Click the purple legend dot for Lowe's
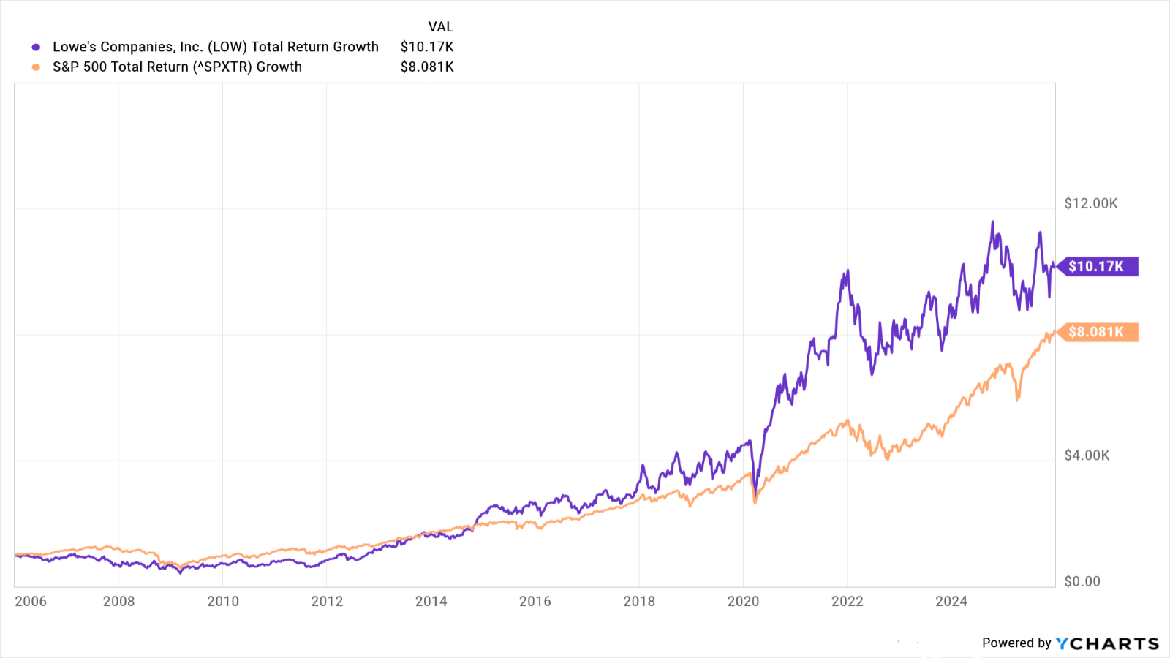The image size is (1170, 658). coord(36,48)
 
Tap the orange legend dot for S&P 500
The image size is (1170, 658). coord(36,67)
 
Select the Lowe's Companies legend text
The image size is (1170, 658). coord(216,47)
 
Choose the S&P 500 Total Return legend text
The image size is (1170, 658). coord(177,67)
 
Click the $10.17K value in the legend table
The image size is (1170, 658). coord(427,47)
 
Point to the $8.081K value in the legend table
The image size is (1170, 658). coord(427,67)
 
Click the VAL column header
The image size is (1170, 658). coord(440,27)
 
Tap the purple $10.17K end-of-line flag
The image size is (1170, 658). coord(1096,266)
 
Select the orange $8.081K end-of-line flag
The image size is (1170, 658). coord(1096,332)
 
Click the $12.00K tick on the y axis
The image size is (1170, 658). coord(1090,203)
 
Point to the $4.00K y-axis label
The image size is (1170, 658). coord(1087,455)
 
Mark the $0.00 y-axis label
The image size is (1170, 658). coord(1082,581)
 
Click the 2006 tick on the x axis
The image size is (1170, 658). coord(31,601)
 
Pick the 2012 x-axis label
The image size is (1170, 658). coord(327,601)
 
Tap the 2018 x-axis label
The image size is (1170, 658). coord(639,601)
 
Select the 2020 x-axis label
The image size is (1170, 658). coord(743,601)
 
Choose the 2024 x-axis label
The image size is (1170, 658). coord(951,601)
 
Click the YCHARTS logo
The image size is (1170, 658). coord(1107,643)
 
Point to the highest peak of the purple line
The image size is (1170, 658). coord(992,222)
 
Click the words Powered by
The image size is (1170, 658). coord(1016,643)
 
